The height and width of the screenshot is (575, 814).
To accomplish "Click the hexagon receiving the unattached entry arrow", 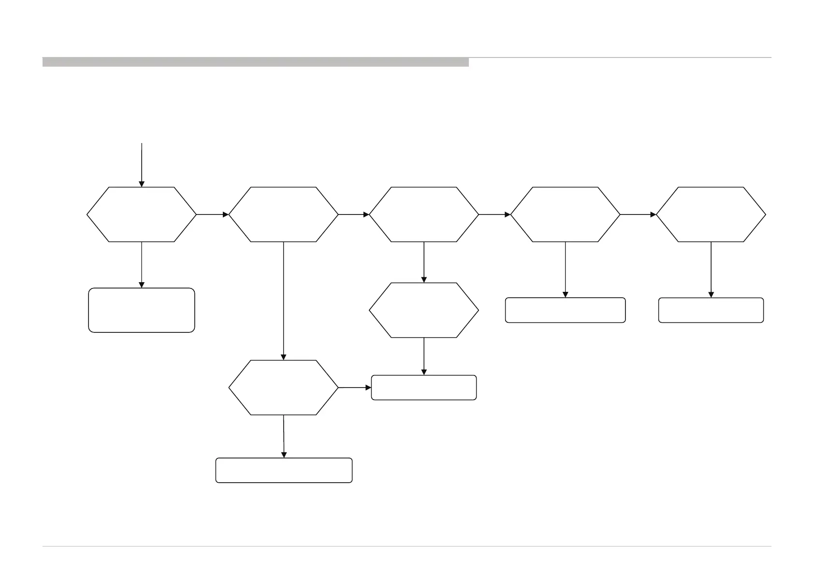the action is click(142, 214).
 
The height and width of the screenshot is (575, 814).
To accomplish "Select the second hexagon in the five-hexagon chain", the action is click(283, 214).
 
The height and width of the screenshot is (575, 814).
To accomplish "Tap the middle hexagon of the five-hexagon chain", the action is click(424, 214).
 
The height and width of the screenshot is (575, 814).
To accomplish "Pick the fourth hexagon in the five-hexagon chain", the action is click(565, 214).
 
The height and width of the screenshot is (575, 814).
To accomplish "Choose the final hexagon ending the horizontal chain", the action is click(711, 214).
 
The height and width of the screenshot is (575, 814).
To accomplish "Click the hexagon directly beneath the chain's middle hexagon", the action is click(424, 310).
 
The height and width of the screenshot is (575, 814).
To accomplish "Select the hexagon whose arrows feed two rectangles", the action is click(283, 387).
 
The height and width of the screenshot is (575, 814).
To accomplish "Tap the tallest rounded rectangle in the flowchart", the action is click(142, 310).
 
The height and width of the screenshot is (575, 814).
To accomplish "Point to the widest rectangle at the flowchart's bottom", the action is click(284, 470).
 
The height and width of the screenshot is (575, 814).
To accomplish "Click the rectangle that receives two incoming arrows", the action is click(424, 388).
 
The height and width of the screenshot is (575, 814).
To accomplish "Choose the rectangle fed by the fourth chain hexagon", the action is click(565, 310).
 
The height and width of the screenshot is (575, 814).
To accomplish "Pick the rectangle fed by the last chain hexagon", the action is click(711, 310).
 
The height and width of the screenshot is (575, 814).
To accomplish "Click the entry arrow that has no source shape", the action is click(142, 164).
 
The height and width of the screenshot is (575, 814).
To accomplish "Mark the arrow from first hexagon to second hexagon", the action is click(212, 214).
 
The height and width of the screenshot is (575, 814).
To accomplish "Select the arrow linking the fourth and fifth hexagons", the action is click(638, 214).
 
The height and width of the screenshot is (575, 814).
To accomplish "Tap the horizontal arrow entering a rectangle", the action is click(355, 388).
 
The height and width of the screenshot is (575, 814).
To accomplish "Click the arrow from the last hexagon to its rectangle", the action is click(711, 269).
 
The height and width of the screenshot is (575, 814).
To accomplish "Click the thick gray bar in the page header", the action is click(255, 62).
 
